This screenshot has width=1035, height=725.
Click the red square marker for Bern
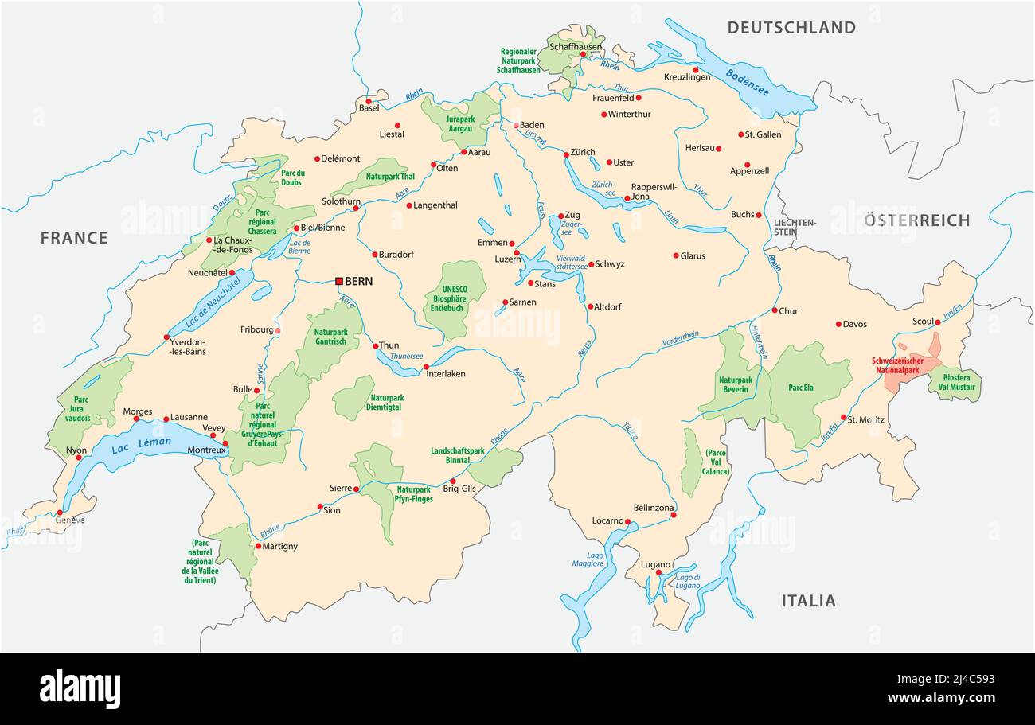(339, 281)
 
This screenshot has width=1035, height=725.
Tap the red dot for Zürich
(566, 154)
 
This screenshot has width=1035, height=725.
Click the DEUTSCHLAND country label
(791, 28)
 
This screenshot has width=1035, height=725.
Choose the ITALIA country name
(808, 601)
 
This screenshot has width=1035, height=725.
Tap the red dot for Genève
(60, 513)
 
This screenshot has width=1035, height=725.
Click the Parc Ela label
(800, 388)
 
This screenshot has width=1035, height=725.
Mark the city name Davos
(855, 324)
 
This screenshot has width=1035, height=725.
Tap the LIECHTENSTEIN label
(795, 227)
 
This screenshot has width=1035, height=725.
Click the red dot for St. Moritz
(843, 417)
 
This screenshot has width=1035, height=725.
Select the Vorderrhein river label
(680, 339)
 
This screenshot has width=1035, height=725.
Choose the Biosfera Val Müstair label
(959, 382)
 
